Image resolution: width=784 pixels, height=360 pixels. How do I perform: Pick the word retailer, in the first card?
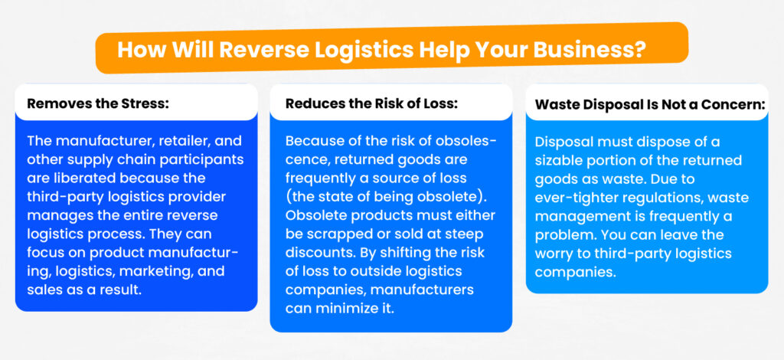pos(184,141)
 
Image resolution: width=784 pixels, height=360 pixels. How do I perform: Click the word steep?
pos(468,234)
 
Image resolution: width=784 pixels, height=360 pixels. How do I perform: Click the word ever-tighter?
pos(578,198)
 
